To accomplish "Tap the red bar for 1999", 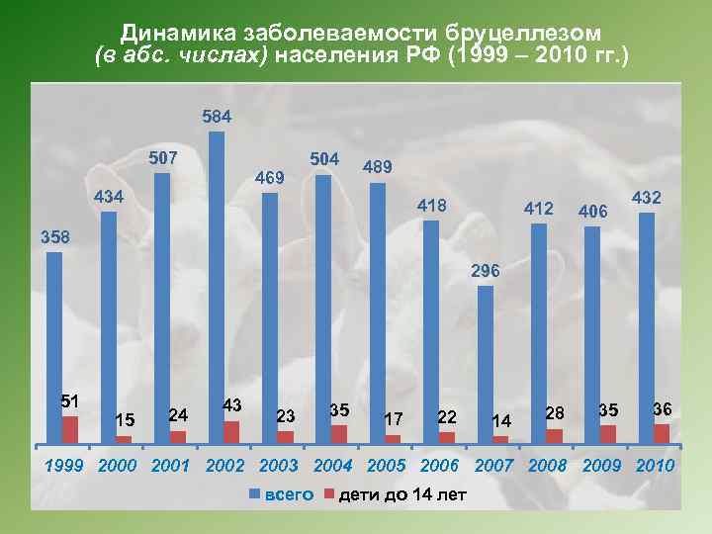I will click(69, 429).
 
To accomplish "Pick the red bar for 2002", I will click(231, 431).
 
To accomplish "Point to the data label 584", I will click(217, 117).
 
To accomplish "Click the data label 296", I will click(486, 270).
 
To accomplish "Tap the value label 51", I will click(69, 400).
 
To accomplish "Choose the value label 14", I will click(501, 421).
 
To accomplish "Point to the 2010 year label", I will click(656, 465).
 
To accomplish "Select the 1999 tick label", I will click(65, 465).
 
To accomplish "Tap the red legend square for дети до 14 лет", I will click(329, 492).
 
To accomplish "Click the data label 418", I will click(432, 206).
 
